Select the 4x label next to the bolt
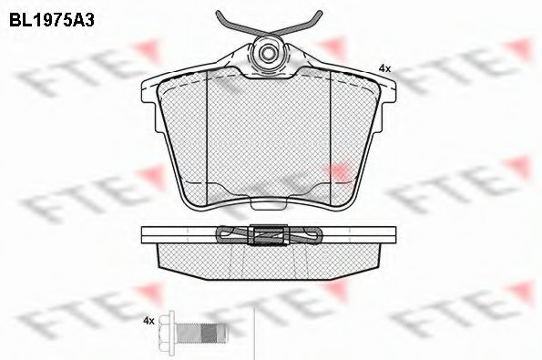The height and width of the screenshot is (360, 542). [148, 321]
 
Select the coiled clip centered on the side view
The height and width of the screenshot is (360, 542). [269, 235]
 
